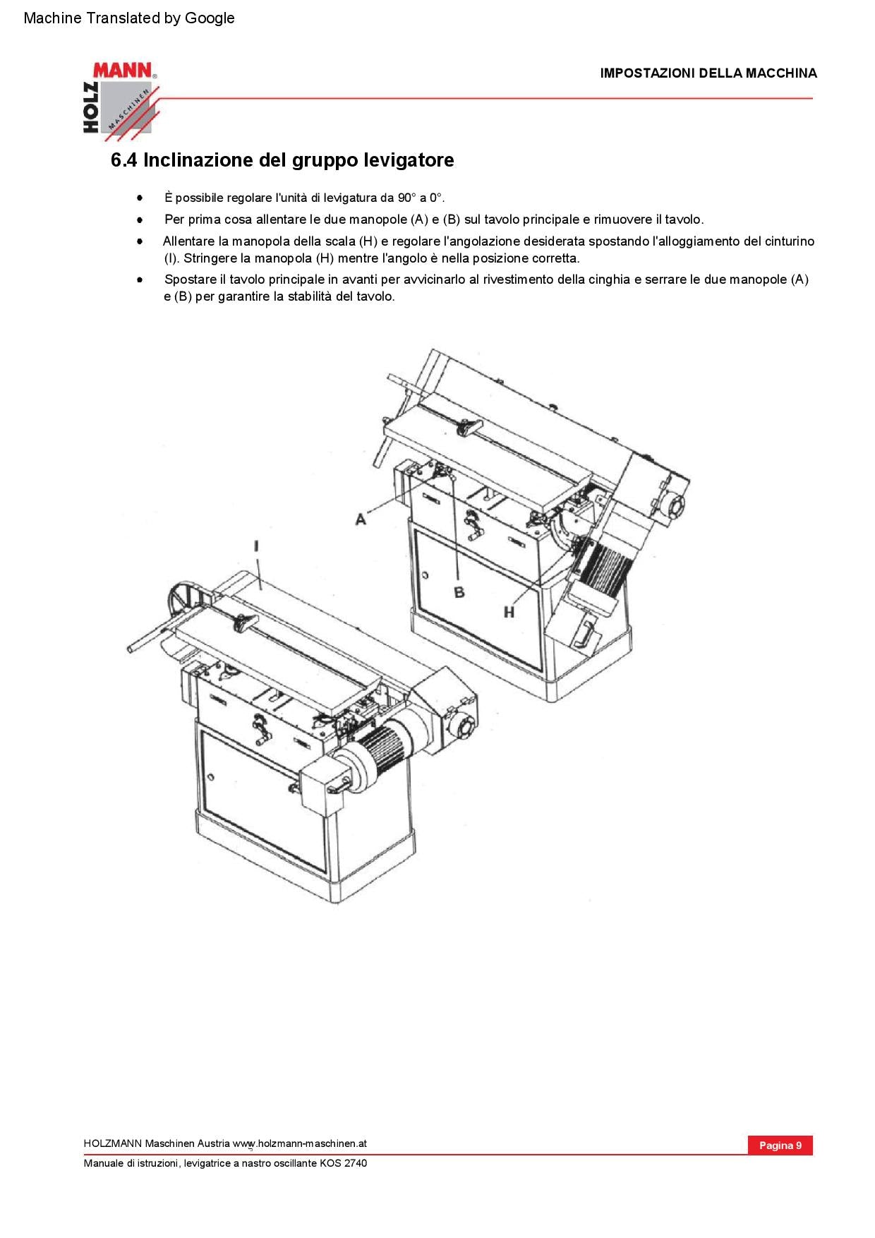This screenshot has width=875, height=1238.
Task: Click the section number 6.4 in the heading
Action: point(124,160)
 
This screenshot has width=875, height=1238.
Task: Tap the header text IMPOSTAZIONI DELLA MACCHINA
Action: point(708,73)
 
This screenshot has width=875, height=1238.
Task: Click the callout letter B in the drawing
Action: point(459,592)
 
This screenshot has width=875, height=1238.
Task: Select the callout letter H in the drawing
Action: point(509,612)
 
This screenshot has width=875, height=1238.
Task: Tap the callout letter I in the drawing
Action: point(257,546)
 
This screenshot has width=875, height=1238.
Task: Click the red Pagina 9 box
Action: point(780,1145)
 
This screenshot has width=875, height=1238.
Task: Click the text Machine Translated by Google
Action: point(129,18)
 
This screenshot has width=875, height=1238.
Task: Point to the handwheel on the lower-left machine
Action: point(181,602)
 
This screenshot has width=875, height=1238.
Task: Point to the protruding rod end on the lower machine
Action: point(132,647)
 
